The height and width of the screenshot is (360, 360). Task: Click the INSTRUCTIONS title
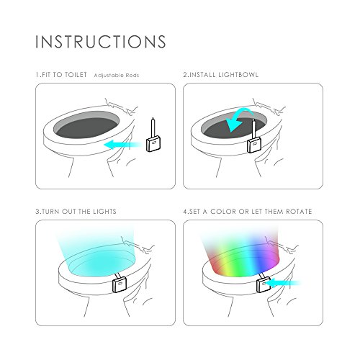click(x=101, y=42)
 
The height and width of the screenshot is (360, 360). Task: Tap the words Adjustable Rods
click(x=117, y=76)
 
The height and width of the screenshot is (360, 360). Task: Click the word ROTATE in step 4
click(x=299, y=212)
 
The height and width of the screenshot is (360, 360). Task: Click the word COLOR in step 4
click(x=223, y=212)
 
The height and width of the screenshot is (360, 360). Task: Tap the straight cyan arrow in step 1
click(x=123, y=145)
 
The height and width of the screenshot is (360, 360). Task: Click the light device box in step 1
click(x=153, y=143)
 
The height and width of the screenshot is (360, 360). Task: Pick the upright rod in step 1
click(x=153, y=127)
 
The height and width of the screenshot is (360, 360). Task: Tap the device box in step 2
click(x=254, y=145)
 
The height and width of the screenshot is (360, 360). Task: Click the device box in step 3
click(x=120, y=284)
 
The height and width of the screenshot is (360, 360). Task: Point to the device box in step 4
click(x=264, y=284)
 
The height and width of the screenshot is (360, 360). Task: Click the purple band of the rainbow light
click(x=272, y=254)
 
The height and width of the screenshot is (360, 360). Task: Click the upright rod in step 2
click(x=253, y=129)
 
